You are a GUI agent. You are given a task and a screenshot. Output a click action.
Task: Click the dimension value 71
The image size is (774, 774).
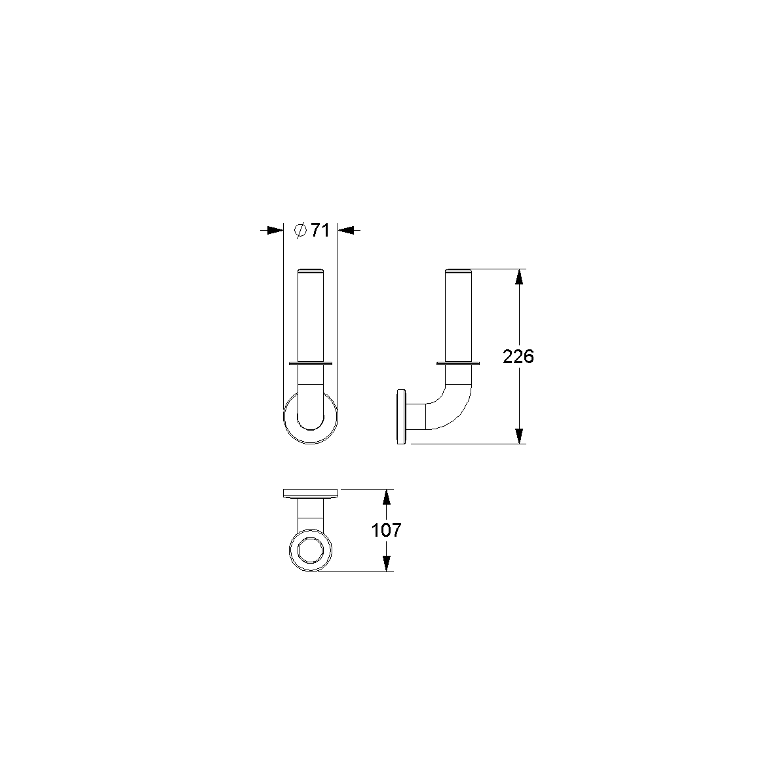pos(320,230)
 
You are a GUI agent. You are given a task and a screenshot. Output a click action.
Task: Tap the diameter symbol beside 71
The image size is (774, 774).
pos(300,230)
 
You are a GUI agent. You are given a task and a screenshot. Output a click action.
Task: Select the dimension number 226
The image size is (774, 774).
pos(518,356)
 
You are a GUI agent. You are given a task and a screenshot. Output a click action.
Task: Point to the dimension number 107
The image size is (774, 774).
pos(386,530)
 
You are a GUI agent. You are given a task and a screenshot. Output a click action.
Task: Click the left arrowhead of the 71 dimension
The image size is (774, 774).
pos(275,230)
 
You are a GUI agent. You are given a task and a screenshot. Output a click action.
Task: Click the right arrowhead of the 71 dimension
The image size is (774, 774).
pos(346,230)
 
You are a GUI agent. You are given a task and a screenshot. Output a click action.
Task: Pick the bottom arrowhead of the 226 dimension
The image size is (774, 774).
pos(518,435)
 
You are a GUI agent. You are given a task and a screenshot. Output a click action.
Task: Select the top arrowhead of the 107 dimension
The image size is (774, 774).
pos(387,497)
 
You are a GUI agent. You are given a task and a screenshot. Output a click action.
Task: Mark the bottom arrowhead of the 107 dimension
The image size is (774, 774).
pos(387,564)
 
